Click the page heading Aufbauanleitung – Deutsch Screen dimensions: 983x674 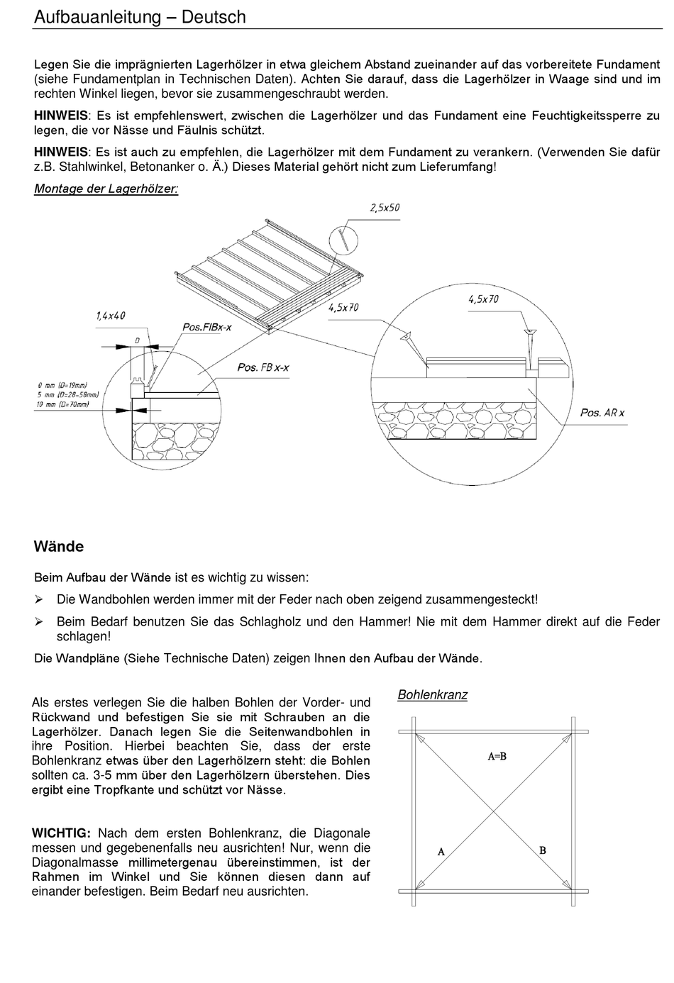pyautogui.click(x=140, y=17)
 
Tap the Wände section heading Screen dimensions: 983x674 pyautogui.click(x=59, y=547)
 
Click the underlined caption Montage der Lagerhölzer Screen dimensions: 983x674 pyautogui.click(x=106, y=189)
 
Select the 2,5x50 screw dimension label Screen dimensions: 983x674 pyautogui.click(x=385, y=208)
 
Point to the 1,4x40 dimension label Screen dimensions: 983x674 pyautogui.click(x=111, y=316)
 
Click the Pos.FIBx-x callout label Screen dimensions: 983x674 pyautogui.click(x=207, y=327)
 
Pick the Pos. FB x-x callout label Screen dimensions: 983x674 pyautogui.click(x=263, y=367)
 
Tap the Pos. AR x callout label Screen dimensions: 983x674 pyautogui.click(x=602, y=412)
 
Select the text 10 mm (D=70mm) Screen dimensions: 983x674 pyautogui.click(x=62, y=404)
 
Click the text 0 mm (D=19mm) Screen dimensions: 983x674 pyautogui.click(x=62, y=385)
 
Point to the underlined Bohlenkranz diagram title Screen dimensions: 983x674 pyautogui.click(x=432, y=695)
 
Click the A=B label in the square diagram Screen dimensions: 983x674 pyautogui.click(x=497, y=756)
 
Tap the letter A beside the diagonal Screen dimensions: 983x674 pyautogui.click(x=441, y=851)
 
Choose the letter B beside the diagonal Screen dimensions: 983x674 pyautogui.click(x=543, y=850)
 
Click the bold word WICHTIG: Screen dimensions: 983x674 pyautogui.click(x=61, y=833)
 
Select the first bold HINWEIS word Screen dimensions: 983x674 pyautogui.click(x=61, y=116)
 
